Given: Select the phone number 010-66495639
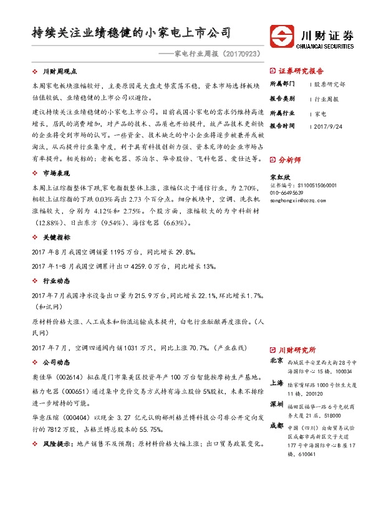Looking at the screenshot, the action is click(288, 194).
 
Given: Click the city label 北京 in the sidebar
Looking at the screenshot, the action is click(277, 361).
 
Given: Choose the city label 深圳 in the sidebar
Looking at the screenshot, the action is click(277, 405).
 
